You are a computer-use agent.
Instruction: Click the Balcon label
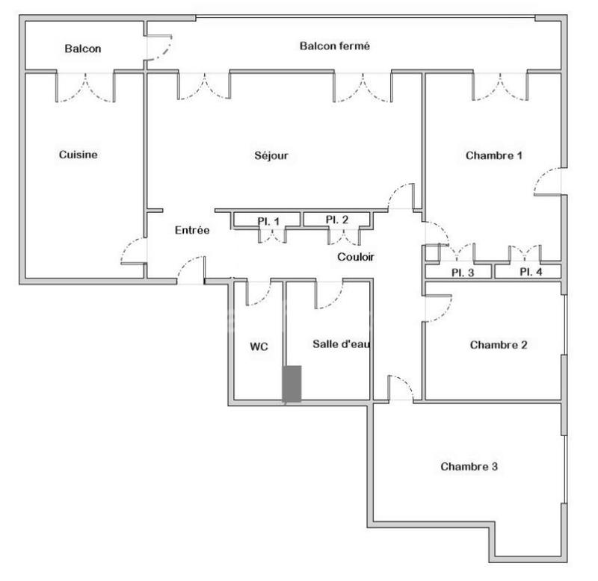[x=82, y=49]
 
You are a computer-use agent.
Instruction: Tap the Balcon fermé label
[x=335, y=46]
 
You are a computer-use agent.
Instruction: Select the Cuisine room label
[x=78, y=155]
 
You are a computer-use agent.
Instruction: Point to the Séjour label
[x=271, y=156]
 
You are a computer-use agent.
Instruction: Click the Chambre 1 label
[x=493, y=156]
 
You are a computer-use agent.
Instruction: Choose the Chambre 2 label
[x=499, y=345]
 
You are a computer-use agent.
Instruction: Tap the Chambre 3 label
[x=469, y=467]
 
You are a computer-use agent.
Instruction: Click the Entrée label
[x=192, y=231]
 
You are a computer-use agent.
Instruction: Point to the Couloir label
[x=355, y=257]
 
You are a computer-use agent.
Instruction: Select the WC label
[x=259, y=347]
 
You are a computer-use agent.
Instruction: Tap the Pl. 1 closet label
[x=268, y=220]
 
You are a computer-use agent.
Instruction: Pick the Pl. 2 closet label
[x=337, y=220]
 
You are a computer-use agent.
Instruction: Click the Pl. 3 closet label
[x=462, y=272]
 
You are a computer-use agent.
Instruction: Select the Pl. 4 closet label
[x=531, y=272]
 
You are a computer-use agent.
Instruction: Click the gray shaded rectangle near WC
[x=292, y=384]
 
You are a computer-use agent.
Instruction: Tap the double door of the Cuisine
[x=86, y=86]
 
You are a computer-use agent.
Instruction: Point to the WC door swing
[x=258, y=293]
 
